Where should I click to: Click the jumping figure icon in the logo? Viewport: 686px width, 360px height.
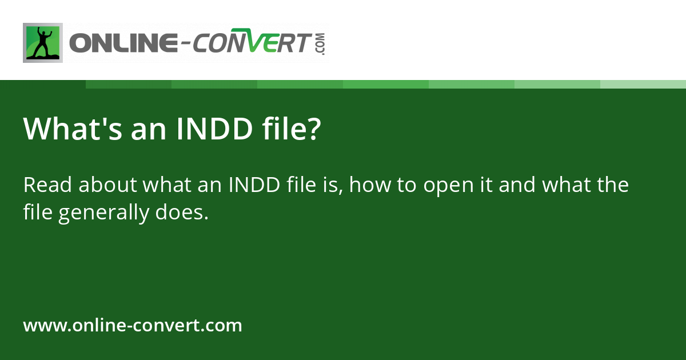click(42, 43)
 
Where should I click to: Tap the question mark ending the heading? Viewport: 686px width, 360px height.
click(313, 130)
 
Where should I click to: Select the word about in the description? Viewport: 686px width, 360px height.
click(107, 185)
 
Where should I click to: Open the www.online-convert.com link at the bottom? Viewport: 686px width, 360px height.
click(133, 326)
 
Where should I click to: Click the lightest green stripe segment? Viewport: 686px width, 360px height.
click(643, 84)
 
